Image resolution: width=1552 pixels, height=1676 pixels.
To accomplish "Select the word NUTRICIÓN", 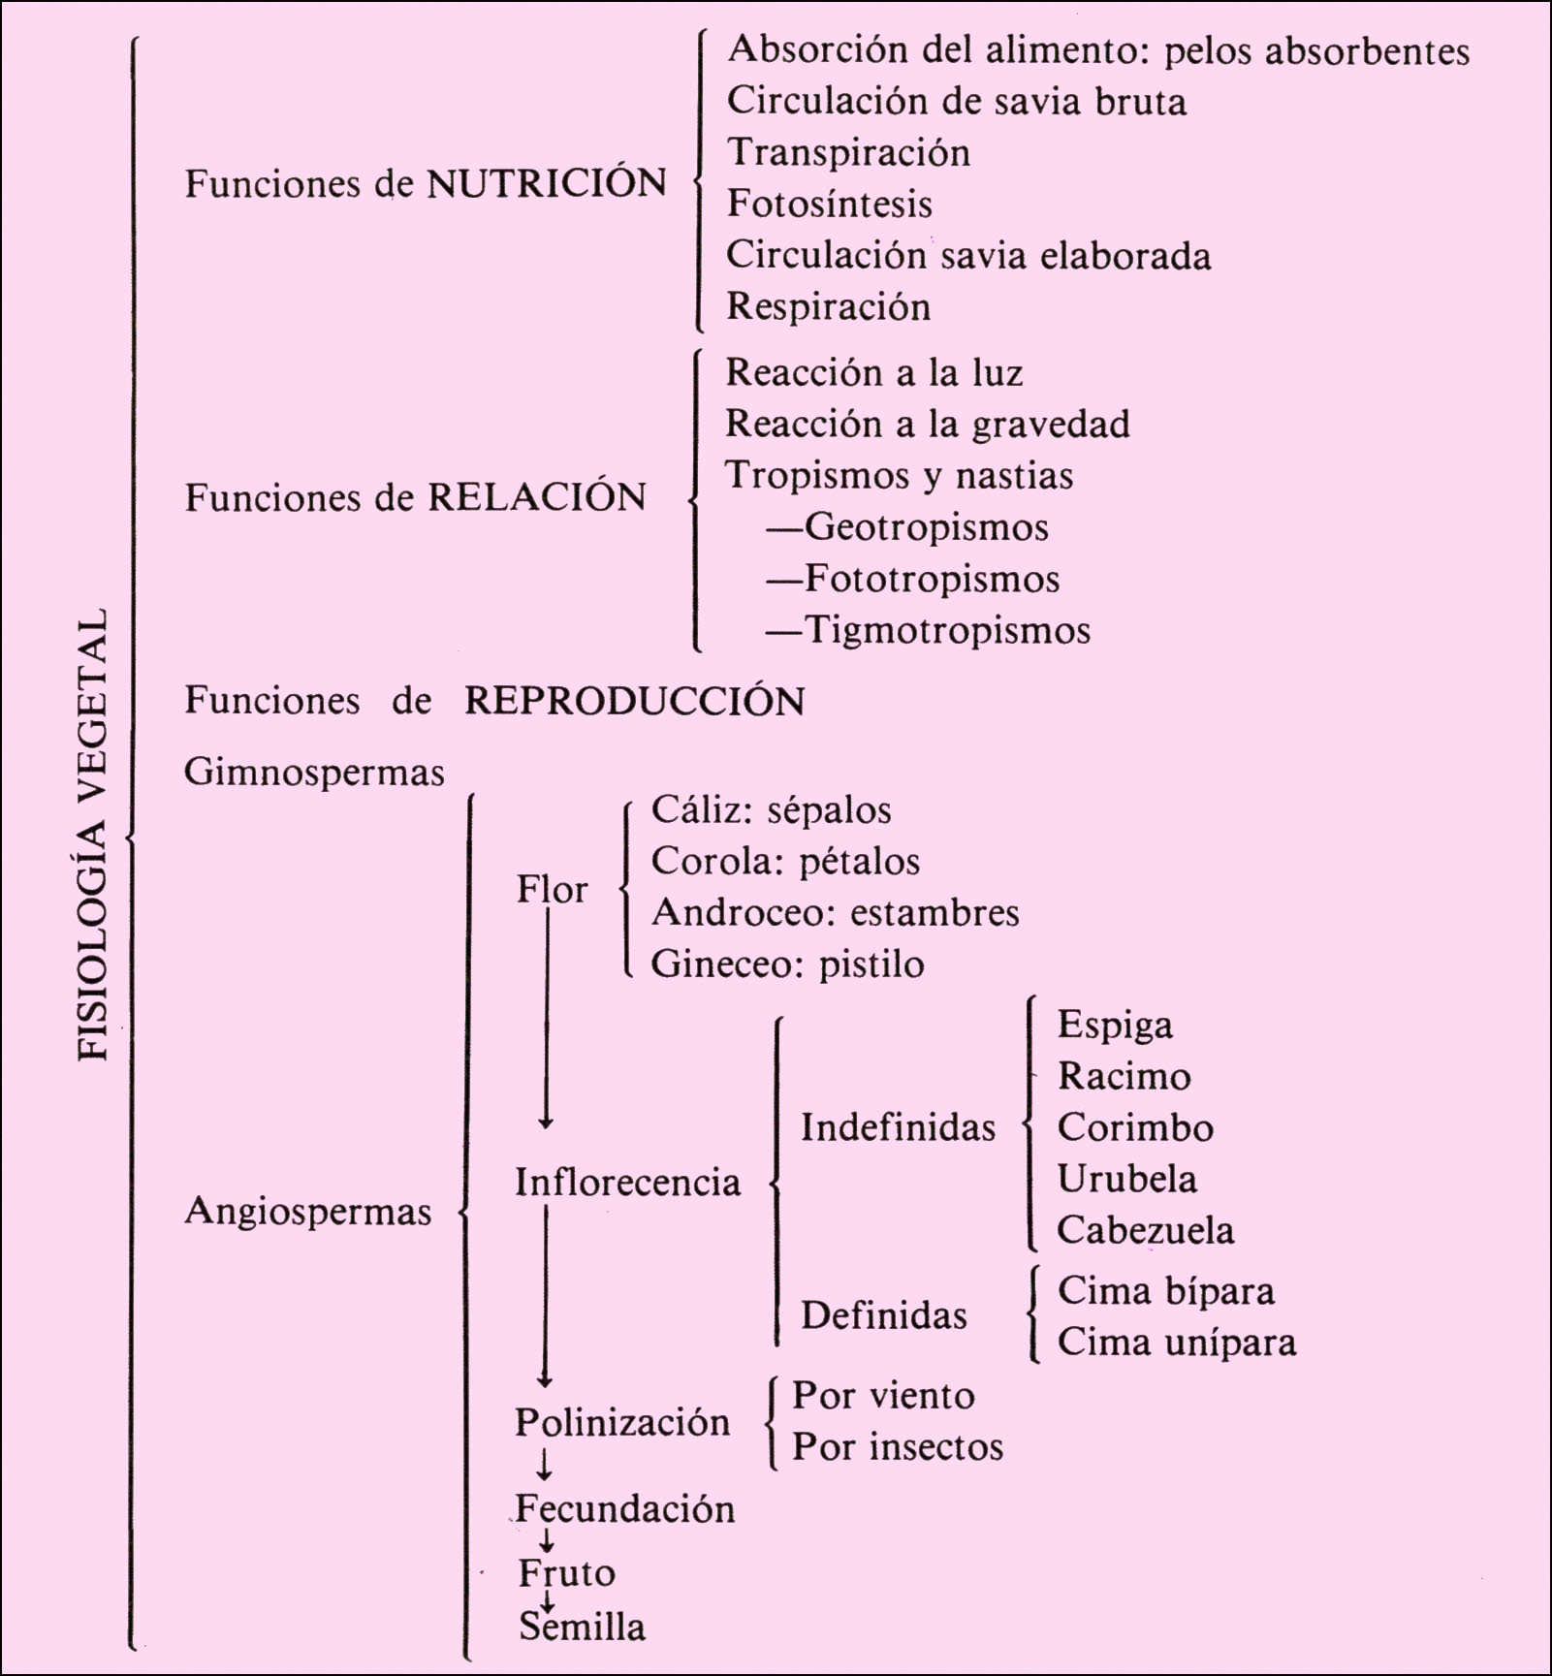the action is pyautogui.click(x=547, y=182).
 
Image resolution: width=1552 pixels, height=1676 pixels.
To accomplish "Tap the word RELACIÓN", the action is pyautogui.click(x=537, y=496).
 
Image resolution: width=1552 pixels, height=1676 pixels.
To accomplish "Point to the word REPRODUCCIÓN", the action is pyautogui.click(x=635, y=700).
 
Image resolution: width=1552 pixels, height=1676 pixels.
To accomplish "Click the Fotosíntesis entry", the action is pyautogui.click(x=830, y=204).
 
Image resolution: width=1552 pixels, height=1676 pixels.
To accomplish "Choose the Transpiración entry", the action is pyautogui.click(x=849, y=153).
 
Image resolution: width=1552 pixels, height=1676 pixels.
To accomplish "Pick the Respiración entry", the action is pyautogui.click(x=829, y=306).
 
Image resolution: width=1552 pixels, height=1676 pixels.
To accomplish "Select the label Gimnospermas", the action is pyautogui.click(x=314, y=773).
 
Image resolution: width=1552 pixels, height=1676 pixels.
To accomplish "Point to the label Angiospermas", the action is pyautogui.click(x=308, y=1212).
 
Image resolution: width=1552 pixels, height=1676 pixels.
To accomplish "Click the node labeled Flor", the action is pyautogui.click(x=552, y=889).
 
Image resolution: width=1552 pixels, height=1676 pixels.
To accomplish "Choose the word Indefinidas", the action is pyautogui.click(x=898, y=1127).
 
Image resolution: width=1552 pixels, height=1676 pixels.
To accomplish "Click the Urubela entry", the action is pyautogui.click(x=1126, y=1179).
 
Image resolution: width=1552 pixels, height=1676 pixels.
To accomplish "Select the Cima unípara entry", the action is pyautogui.click(x=1176, y=1343).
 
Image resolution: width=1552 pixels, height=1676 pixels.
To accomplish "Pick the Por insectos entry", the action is pyautogui.click(x=898, y=1447).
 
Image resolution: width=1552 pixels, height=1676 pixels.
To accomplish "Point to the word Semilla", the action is pyautogui.click(x=582, y=1627).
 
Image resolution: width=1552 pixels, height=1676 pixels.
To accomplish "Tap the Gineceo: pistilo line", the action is pyautogui.click(x=787, y=964).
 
